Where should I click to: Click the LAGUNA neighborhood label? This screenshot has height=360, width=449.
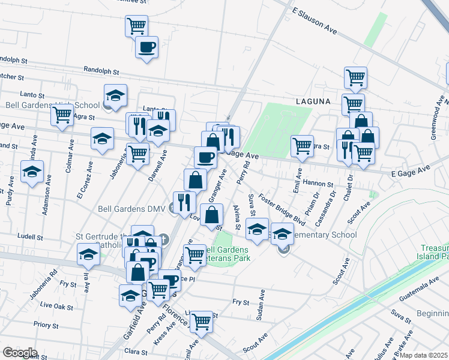[x=313, y=101]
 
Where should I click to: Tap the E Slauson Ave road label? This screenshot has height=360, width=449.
[x=315, y=19]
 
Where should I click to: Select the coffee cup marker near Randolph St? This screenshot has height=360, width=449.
[x=147, y=47]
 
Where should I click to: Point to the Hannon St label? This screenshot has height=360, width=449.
[x=318, y=184]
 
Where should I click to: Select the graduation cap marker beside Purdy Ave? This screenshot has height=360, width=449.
[x=32, y=172]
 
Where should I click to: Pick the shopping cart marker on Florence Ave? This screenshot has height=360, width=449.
[x=201, y=322]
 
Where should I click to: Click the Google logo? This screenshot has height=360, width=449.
[x=20, y=352]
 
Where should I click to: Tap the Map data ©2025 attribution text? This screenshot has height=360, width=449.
[x=424, y=355]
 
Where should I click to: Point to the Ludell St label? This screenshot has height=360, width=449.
[x=31, y=236]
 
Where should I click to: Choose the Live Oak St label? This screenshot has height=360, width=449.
[x=56, y=306]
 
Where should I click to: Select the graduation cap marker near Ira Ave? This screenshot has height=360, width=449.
[x=88, y=254]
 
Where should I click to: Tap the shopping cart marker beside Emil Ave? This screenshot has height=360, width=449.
[x=302, y=146]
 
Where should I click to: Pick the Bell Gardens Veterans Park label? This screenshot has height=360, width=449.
[x=227, y=254]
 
